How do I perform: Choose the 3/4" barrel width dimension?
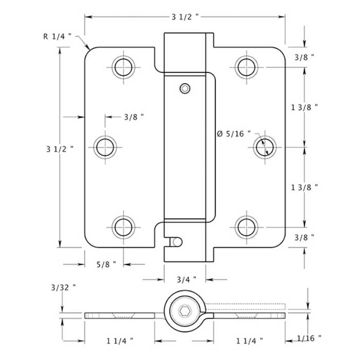[x=185, y=280]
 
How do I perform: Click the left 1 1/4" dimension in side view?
[x=120, y=340]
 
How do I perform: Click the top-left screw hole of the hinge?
[x=123, y=66]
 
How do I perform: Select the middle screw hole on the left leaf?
[x=106, y=147]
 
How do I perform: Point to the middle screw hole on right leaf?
[x=264, y=147]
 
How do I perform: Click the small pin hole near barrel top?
[x=185, y=88]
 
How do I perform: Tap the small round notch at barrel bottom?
[x=176, y=241]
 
